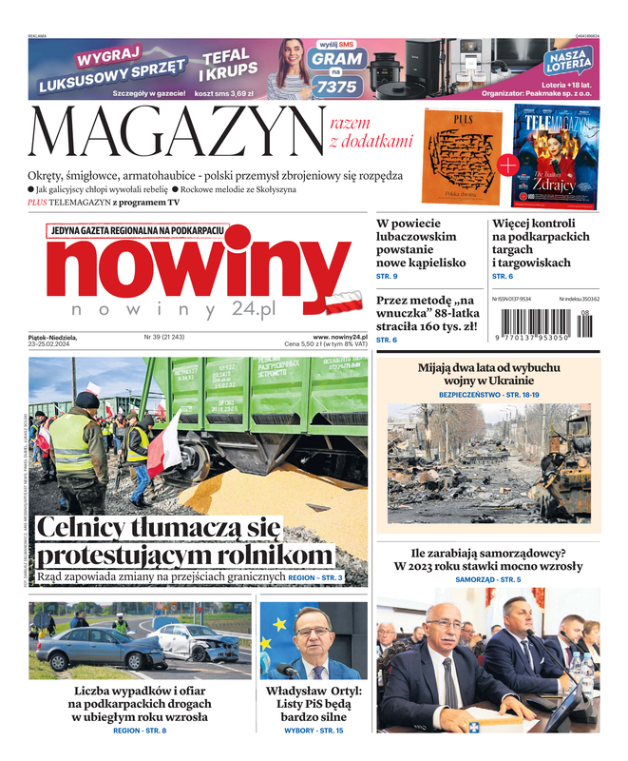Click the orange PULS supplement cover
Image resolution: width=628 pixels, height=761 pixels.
461,158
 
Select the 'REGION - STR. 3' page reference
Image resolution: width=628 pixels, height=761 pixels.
314,577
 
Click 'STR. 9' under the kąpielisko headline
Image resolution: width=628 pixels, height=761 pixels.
388,276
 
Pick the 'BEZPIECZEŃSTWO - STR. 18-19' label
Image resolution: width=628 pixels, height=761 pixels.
488,394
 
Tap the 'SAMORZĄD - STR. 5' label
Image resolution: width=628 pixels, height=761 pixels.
488,579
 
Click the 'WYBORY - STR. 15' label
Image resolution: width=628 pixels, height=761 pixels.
314,730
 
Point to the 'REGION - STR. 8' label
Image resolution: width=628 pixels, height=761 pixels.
140,730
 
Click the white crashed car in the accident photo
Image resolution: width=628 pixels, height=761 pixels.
200,643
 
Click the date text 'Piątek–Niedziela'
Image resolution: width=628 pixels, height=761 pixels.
52,337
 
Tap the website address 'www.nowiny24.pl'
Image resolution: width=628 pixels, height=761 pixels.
339,337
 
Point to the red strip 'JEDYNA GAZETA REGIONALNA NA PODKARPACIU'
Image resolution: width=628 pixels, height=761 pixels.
136,230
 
